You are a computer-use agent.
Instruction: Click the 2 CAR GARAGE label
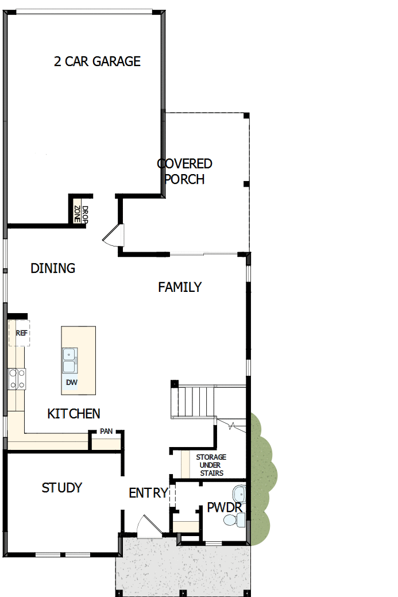click(97, 61)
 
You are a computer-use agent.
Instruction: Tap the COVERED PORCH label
click(184, 171)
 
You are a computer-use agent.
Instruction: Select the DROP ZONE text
click(81, 214)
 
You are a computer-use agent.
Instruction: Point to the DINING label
click(53, 268)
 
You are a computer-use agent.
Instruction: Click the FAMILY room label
click(180, 287)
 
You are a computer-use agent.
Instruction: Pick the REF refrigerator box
click(19, 333)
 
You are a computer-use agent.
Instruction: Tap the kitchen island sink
click(69, 360)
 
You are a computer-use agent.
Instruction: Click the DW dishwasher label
click(72, 382)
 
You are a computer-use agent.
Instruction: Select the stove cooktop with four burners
click(17, 379)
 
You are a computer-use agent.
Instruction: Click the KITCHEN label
click(74, 414)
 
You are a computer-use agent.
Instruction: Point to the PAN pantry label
click(106, 431)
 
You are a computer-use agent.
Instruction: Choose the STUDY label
click(61, 488)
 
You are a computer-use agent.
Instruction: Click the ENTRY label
click(148, 493)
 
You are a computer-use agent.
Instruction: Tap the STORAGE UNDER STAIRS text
click(211, 465)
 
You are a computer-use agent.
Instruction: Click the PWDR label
click(225, 507)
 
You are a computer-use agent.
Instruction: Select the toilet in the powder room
click(234, 520)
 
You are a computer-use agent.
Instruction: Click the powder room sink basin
click(239, 494)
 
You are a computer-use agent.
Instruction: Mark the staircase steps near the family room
click(194, 402)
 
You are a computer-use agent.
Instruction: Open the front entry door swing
click(148, 527)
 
